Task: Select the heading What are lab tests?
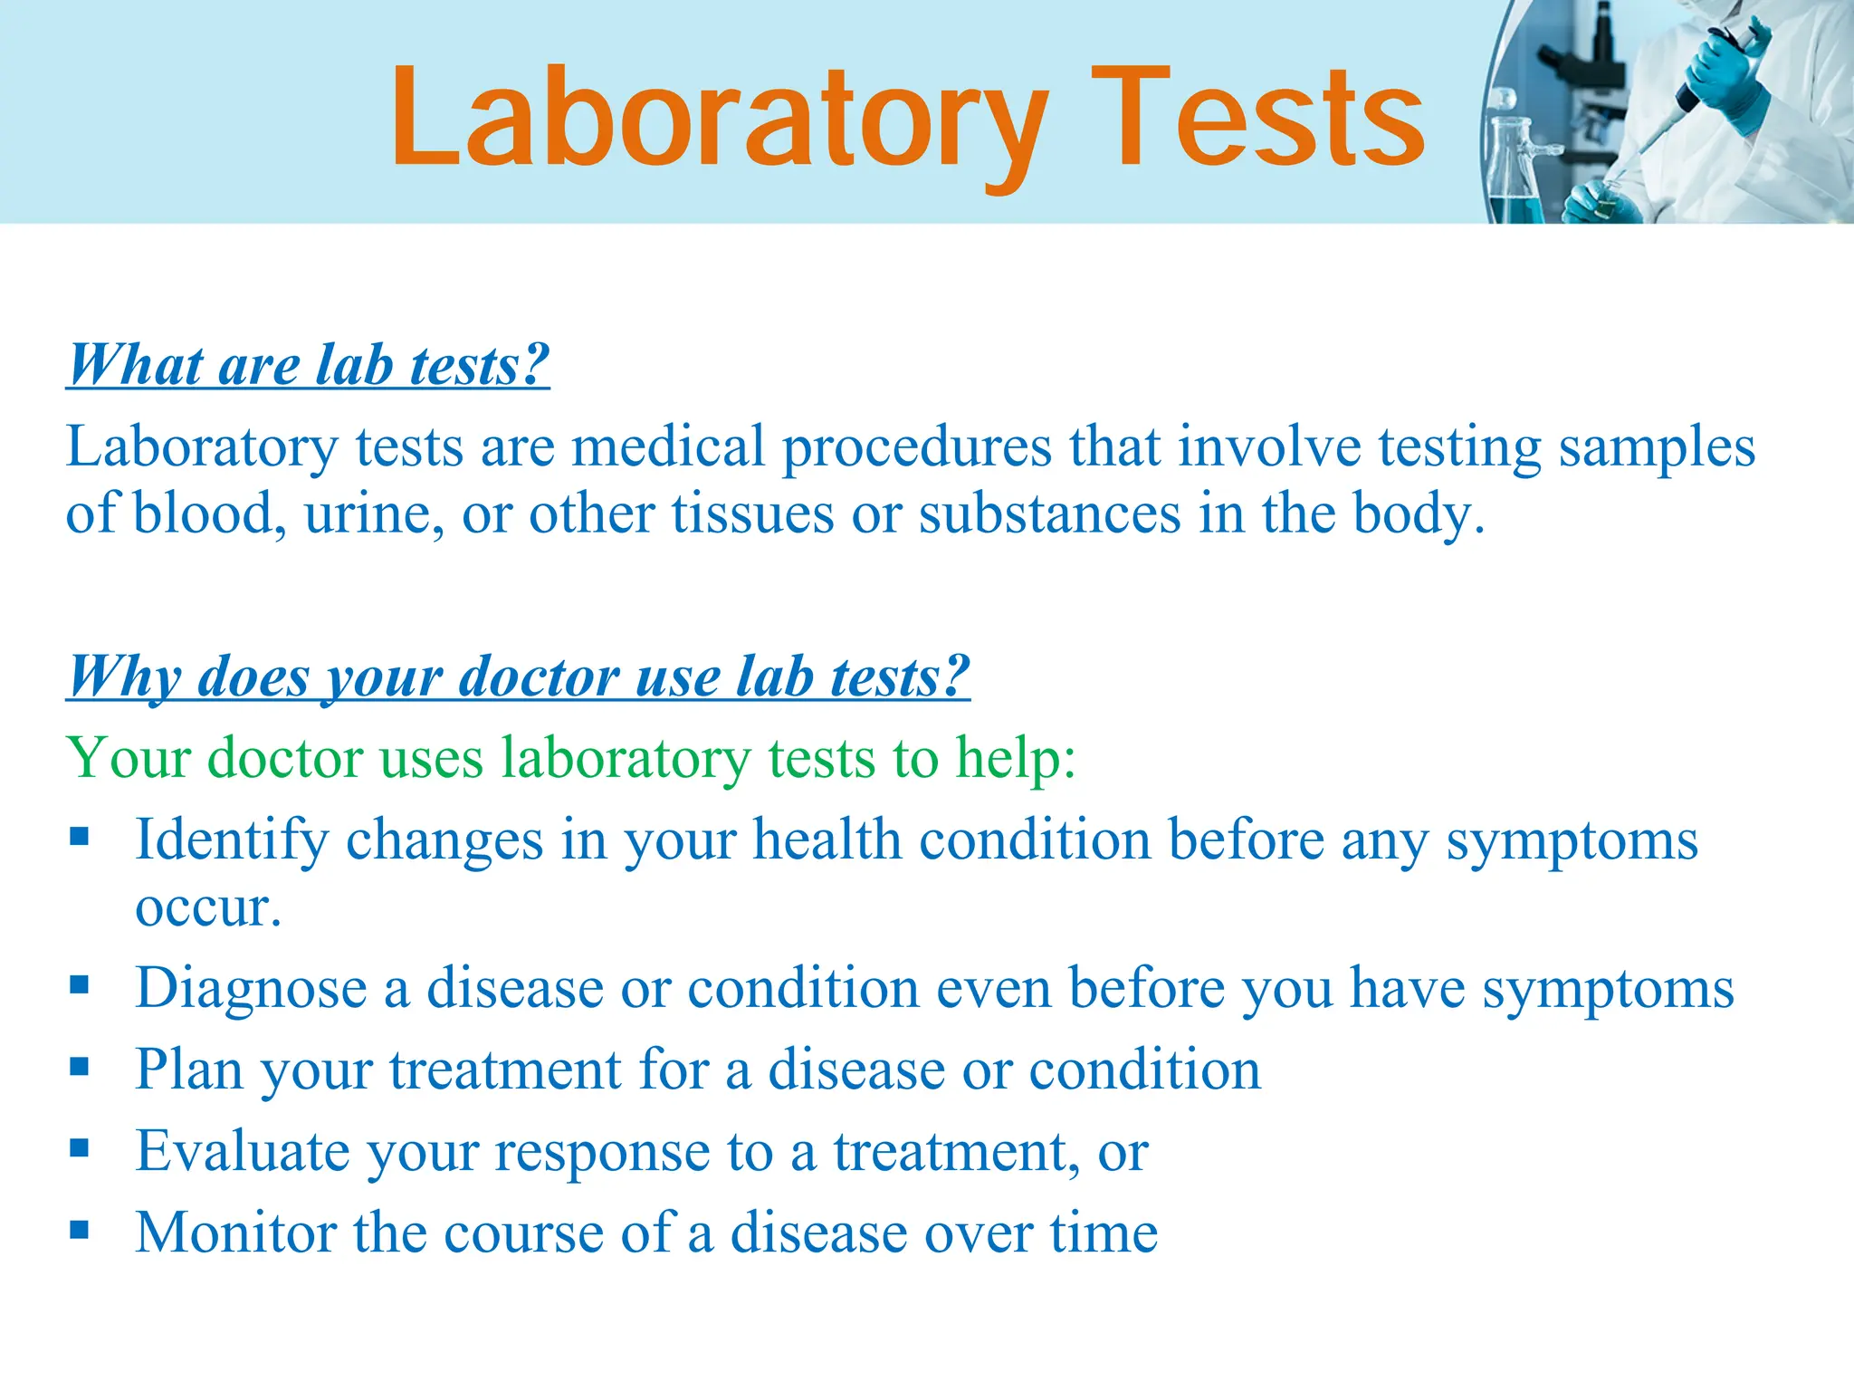309,365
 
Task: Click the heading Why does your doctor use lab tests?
519,676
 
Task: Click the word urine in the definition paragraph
374,514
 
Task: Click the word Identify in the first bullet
231,840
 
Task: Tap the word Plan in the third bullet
189,1070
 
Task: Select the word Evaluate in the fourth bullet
242,1151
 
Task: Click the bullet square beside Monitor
80,1230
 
